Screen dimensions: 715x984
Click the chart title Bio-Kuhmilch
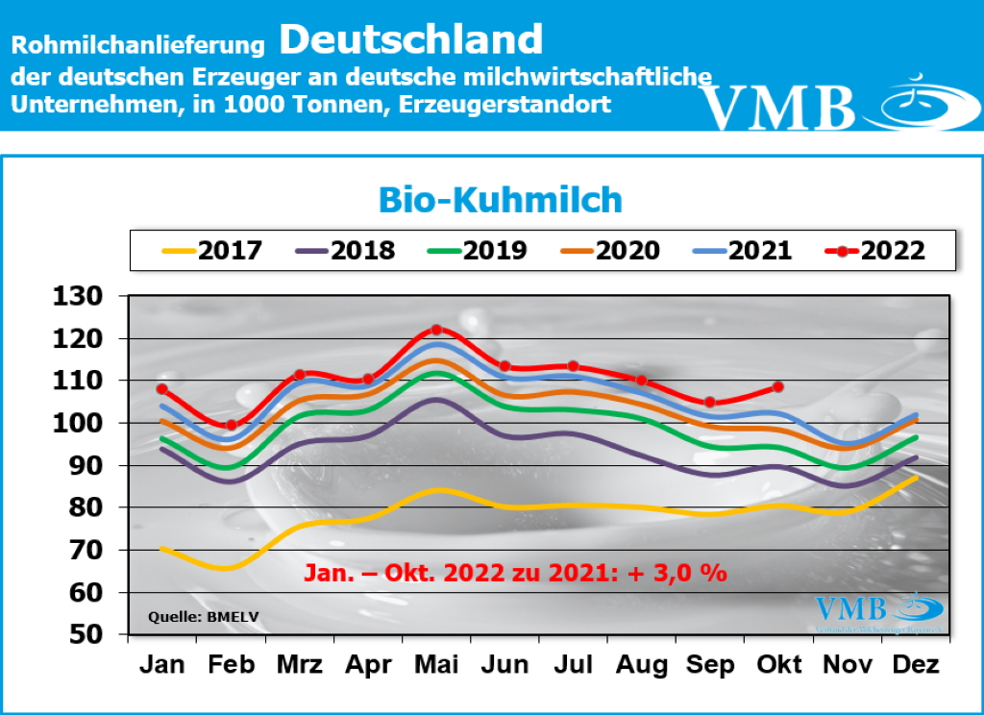point(500,200)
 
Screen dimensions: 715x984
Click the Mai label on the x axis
point(436,665)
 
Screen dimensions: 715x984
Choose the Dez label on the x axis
point(915,665)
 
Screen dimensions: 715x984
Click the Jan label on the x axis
point(162,665)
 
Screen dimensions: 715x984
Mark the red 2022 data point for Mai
point(436,330)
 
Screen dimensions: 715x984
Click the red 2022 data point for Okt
point(778,386)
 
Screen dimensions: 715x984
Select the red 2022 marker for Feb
point(231,425)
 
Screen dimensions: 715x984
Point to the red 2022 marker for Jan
point(162,389)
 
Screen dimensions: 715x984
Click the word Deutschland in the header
point(412,39)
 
